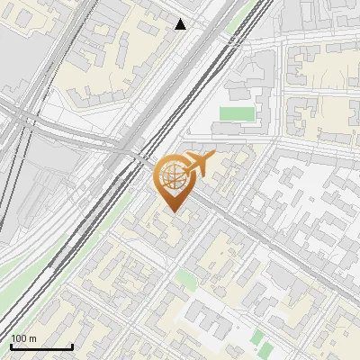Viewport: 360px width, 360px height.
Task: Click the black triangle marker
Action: pos(181,24)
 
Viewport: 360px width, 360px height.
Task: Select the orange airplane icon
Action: pos(198,164)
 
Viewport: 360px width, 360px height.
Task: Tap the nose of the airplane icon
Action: pos(212,156)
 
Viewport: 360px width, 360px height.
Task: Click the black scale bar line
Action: pos(41,347)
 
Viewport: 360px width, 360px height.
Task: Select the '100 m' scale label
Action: pos(24,339)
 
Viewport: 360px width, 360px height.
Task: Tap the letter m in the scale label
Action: pos(33,339)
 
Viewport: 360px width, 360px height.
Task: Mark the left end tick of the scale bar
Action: pos(11,346)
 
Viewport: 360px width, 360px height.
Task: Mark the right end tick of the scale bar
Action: pos(72,346)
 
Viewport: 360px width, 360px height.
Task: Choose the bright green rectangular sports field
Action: pos(238,114)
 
